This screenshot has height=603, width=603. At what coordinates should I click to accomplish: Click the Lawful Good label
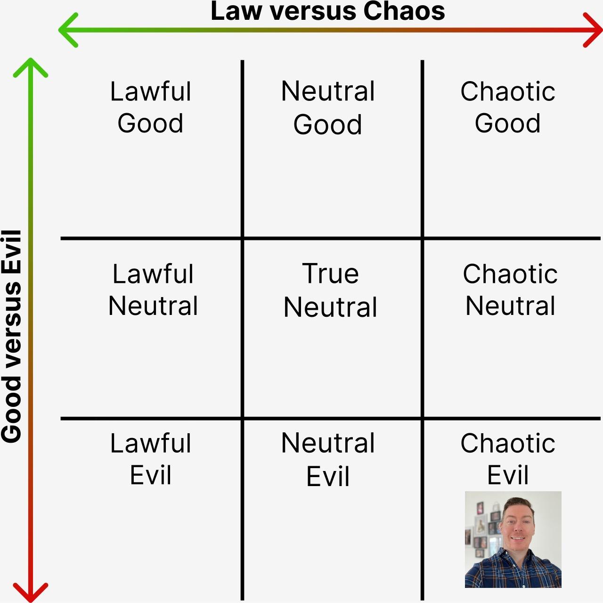(x=151, y=107)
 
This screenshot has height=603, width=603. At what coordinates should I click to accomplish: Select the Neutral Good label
(x=327, y=107)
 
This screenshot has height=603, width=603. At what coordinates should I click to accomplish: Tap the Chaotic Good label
(x=507, y=107)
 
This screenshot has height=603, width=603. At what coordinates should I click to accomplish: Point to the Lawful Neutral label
(x=153, y=289)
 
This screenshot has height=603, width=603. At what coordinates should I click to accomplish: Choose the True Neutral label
(x=330, y=290)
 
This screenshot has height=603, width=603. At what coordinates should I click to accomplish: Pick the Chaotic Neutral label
(x=510, y=289)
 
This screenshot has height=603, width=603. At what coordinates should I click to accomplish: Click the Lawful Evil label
(x=151, y=459)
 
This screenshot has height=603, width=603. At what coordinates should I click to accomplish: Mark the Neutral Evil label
(x=327, y=459)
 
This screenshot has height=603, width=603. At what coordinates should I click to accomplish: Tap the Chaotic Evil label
(x=507, y=459)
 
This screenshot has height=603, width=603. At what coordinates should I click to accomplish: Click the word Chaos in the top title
(x=404, y=11)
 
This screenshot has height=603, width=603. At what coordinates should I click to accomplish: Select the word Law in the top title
(x=236, y=11)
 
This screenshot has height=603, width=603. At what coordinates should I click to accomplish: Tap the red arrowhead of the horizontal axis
(x=593, y=30)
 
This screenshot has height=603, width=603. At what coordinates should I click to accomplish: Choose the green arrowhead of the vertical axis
(x=30, y=67)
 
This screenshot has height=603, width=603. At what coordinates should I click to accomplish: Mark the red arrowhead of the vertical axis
(x=30, y=592)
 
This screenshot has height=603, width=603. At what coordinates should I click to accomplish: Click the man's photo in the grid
(x=513, y=539)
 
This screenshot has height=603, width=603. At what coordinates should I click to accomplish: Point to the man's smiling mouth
(x=518, y=538)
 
